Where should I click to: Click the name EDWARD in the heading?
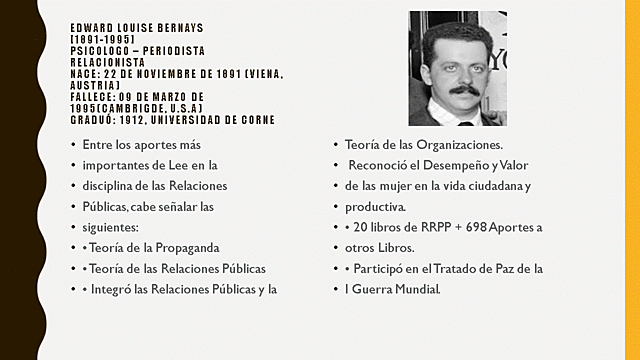[90, 28]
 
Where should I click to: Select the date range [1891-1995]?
[103, 38]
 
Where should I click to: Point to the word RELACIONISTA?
[105, 60]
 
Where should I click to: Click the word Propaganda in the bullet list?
[186, 247]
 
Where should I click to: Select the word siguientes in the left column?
[112, 226]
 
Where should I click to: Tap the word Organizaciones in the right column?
[451, 144]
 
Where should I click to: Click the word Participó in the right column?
[386, 269]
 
